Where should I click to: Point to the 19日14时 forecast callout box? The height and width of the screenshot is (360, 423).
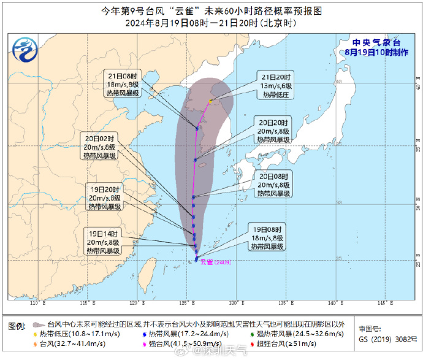pyautogui.click(x=101, y=242)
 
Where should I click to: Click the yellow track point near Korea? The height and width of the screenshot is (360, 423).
pyautogui.click(x=210, y=101)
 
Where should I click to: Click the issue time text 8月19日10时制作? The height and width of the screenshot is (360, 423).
pyautogui.click(x=376, y=53)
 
